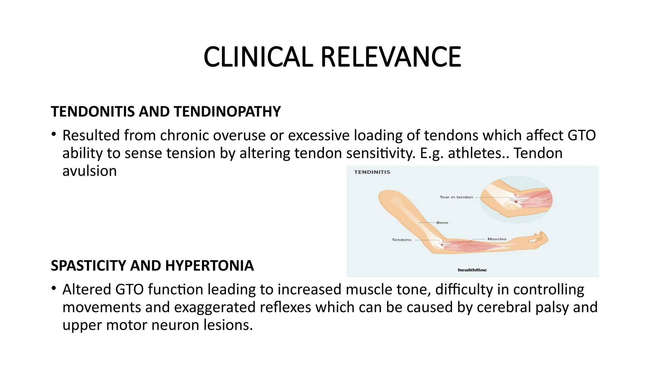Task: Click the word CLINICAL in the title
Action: (258, 57)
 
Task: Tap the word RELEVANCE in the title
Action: (391, 57)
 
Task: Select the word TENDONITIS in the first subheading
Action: (93, 112)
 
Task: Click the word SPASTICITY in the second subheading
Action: (88, 266)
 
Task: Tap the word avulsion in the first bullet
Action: (89, 171)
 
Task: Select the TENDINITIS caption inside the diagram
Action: (372, 172)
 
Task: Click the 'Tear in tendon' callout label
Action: (456, 197)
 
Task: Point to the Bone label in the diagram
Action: (442, 223)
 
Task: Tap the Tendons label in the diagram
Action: (402, 240)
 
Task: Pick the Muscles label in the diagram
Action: (497, 239)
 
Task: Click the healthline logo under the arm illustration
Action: (472, 270)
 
